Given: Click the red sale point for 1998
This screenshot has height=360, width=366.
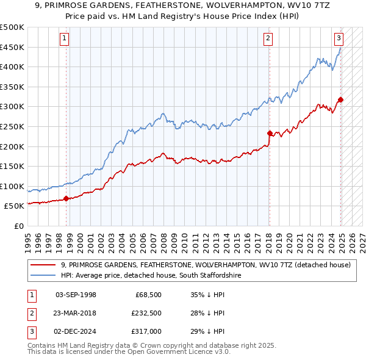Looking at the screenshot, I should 66,198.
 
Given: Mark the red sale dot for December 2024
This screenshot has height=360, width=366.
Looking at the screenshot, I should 340,100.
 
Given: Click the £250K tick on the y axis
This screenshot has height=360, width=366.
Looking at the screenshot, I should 13,126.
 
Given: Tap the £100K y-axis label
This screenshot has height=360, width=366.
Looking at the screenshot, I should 13,186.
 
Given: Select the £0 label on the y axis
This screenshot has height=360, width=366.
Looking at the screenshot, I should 18,226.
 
